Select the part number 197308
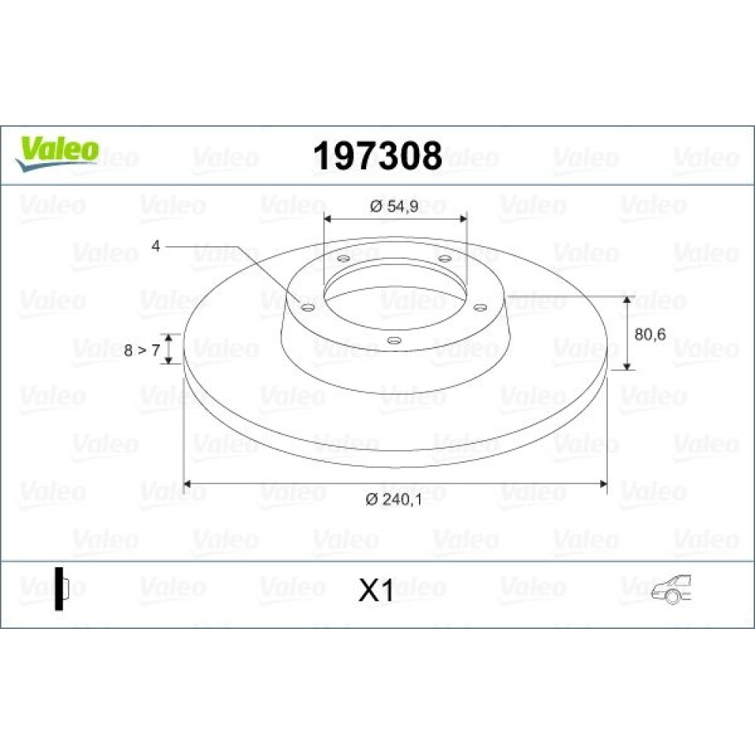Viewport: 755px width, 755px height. pyautogui.click(x=377, y=156)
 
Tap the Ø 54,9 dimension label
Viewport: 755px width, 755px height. pyautogui.click(x=394, y=206)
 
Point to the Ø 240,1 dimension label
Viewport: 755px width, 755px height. pyautogui.click(x=394, y=499)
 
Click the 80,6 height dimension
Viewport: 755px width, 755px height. pyautogui.click(x=650, y=334)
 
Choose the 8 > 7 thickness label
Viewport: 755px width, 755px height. pyautogui.click(x=142, y=350)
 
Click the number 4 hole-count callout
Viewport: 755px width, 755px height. pyautogui.click(x=156, y=246)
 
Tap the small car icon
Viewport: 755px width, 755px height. pyautogui.click(x=671, y=589)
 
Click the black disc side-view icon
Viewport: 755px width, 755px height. pyautogui.click(x=62, y=588)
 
